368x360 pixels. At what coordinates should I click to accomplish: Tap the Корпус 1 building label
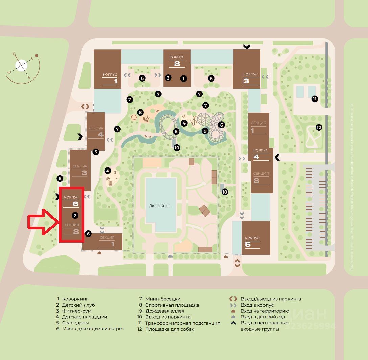[x=110, y=77]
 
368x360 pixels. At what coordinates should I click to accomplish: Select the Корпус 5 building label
[x=252, y=241]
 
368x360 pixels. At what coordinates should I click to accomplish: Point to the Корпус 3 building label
[x=250, y=77]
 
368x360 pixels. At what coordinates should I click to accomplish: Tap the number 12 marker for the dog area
[x=318, y=127]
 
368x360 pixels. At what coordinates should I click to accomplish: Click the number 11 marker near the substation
[x=315, y=99]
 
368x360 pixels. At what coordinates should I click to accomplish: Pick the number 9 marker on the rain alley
[x=205, y=131]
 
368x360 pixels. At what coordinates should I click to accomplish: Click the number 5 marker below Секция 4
[x=96, y=152]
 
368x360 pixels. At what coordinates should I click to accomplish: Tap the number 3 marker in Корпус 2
[x=168, y=78]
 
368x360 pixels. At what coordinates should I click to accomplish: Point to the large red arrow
[x=42, y=222]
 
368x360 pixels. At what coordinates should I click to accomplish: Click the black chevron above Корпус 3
[x=247, y=46]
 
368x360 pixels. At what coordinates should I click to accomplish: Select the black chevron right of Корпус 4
[x=277, y=157]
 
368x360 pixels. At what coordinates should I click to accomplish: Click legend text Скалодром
[x=75, y=323]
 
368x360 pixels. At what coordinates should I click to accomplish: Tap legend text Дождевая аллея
[x=165, y=311]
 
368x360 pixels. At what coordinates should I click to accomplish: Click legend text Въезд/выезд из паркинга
[x=271, y=299]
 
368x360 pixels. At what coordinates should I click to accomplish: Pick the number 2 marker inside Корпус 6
[x=75, y=215]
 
